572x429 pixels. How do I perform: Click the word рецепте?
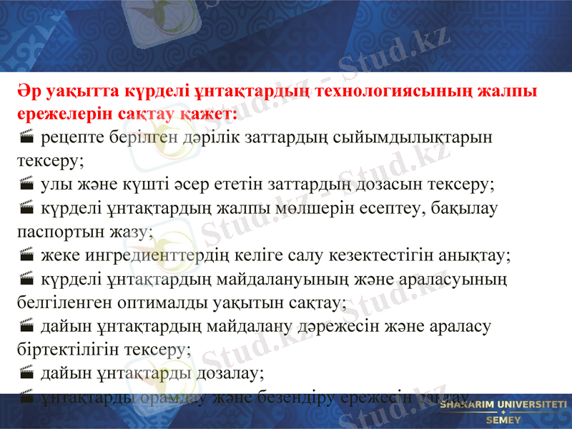[71, 137]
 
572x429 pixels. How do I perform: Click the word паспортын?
[58, 231]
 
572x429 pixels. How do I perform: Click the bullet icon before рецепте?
[26, 137]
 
